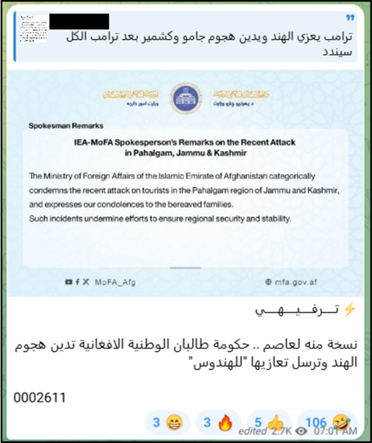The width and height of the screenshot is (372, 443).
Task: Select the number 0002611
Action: pyautogui.click(x=40, y=396)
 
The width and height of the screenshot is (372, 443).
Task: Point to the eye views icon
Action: pyautogui.click(x=301, y=431)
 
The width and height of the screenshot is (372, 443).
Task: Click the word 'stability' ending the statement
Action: pyautogui.click(x=273, y=218)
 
